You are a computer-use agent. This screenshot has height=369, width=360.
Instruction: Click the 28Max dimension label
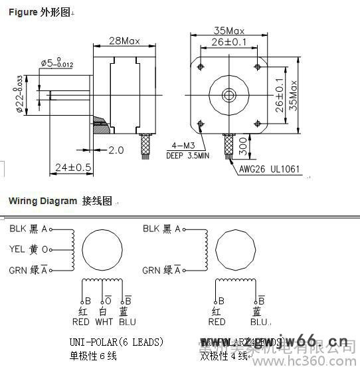point(124,41)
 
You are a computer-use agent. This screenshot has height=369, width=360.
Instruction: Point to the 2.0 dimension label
point(116,150)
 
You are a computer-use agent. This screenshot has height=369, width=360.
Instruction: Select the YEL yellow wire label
point(17,249)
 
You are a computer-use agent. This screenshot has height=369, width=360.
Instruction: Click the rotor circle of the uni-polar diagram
point(101,249)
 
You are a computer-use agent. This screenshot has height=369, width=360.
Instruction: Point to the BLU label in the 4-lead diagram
point(255,322)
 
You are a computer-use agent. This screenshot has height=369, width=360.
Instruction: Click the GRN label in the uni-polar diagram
point(18,270)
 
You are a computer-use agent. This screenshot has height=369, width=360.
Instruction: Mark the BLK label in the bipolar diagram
point(152,229)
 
